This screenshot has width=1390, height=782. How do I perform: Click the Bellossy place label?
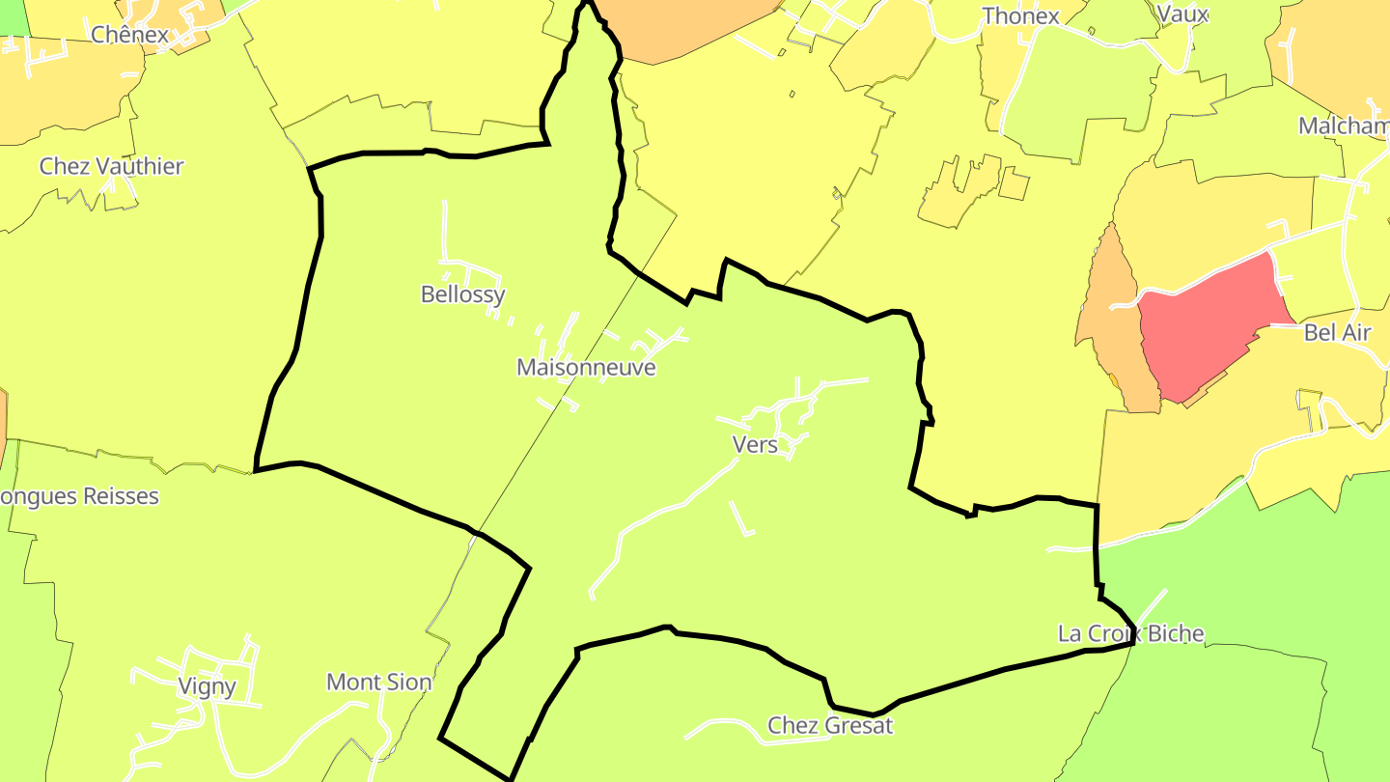click(x=462, y=294)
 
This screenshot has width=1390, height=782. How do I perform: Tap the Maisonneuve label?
click(x=586, y=368)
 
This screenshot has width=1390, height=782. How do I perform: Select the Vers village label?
click(x=755, y=445)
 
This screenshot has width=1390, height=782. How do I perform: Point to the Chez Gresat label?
click(x=830, y=725)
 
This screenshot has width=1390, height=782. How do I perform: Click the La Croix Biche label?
click(x=1130, y=633)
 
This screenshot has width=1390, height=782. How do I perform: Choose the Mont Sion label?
click(x=378, y=683)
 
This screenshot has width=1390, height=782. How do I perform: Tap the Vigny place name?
click(x=207, y=686)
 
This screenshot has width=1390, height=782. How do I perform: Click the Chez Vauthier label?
click(x=111, y=166)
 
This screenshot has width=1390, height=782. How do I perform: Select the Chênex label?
click(x=129, y=35)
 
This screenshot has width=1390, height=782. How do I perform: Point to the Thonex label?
click(x=1020, y=15)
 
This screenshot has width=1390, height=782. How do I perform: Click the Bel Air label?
click(x=1337, y=333)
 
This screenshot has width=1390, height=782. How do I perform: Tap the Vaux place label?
click(x=1181, y=14)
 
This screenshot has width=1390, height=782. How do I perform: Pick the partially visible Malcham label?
click(x=1343, y=126)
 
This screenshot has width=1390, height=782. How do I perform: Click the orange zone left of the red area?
click(x=1110, y=319)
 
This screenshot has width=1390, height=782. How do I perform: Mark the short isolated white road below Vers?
click(x=741, y=517)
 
